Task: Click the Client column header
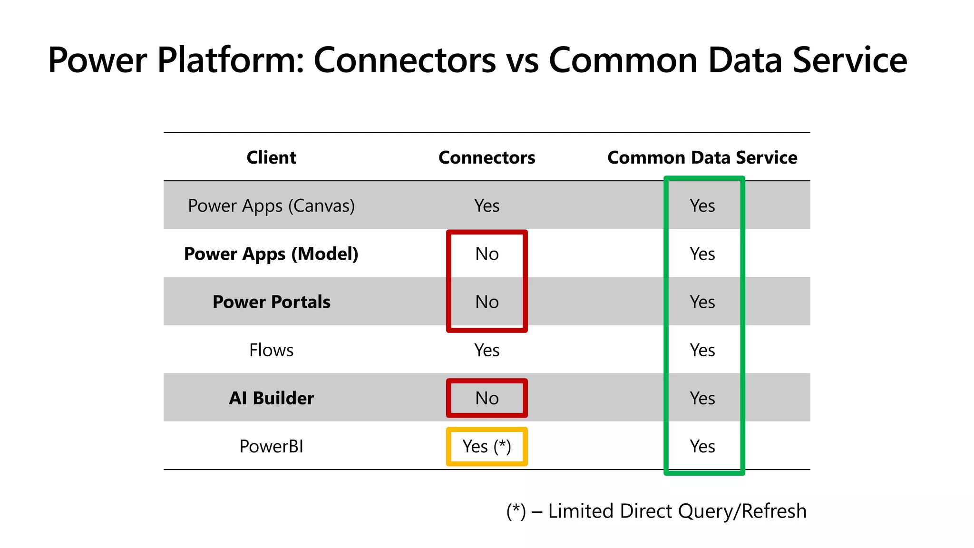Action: (271, 157)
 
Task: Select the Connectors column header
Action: (487, 157)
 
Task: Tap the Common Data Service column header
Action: (702, 157)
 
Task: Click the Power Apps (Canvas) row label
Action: (271, 205)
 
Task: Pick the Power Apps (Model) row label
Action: (271, 254)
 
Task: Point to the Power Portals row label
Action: (271, 302)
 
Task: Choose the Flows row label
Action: (271, 350)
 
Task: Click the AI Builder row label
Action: (271, 398)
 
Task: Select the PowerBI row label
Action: (271, 446)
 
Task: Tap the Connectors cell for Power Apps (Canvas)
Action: (487, 205)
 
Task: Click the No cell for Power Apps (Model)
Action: (487, 254)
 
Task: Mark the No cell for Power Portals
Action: (487, 302)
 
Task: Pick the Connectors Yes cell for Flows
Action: (487, 350)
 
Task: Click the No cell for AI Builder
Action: (487, 398)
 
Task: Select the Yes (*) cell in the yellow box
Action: (487, 446)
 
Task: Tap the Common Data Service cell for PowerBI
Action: (702, 446)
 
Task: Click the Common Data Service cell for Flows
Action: (702, 350)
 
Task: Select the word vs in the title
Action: (522, 60)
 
